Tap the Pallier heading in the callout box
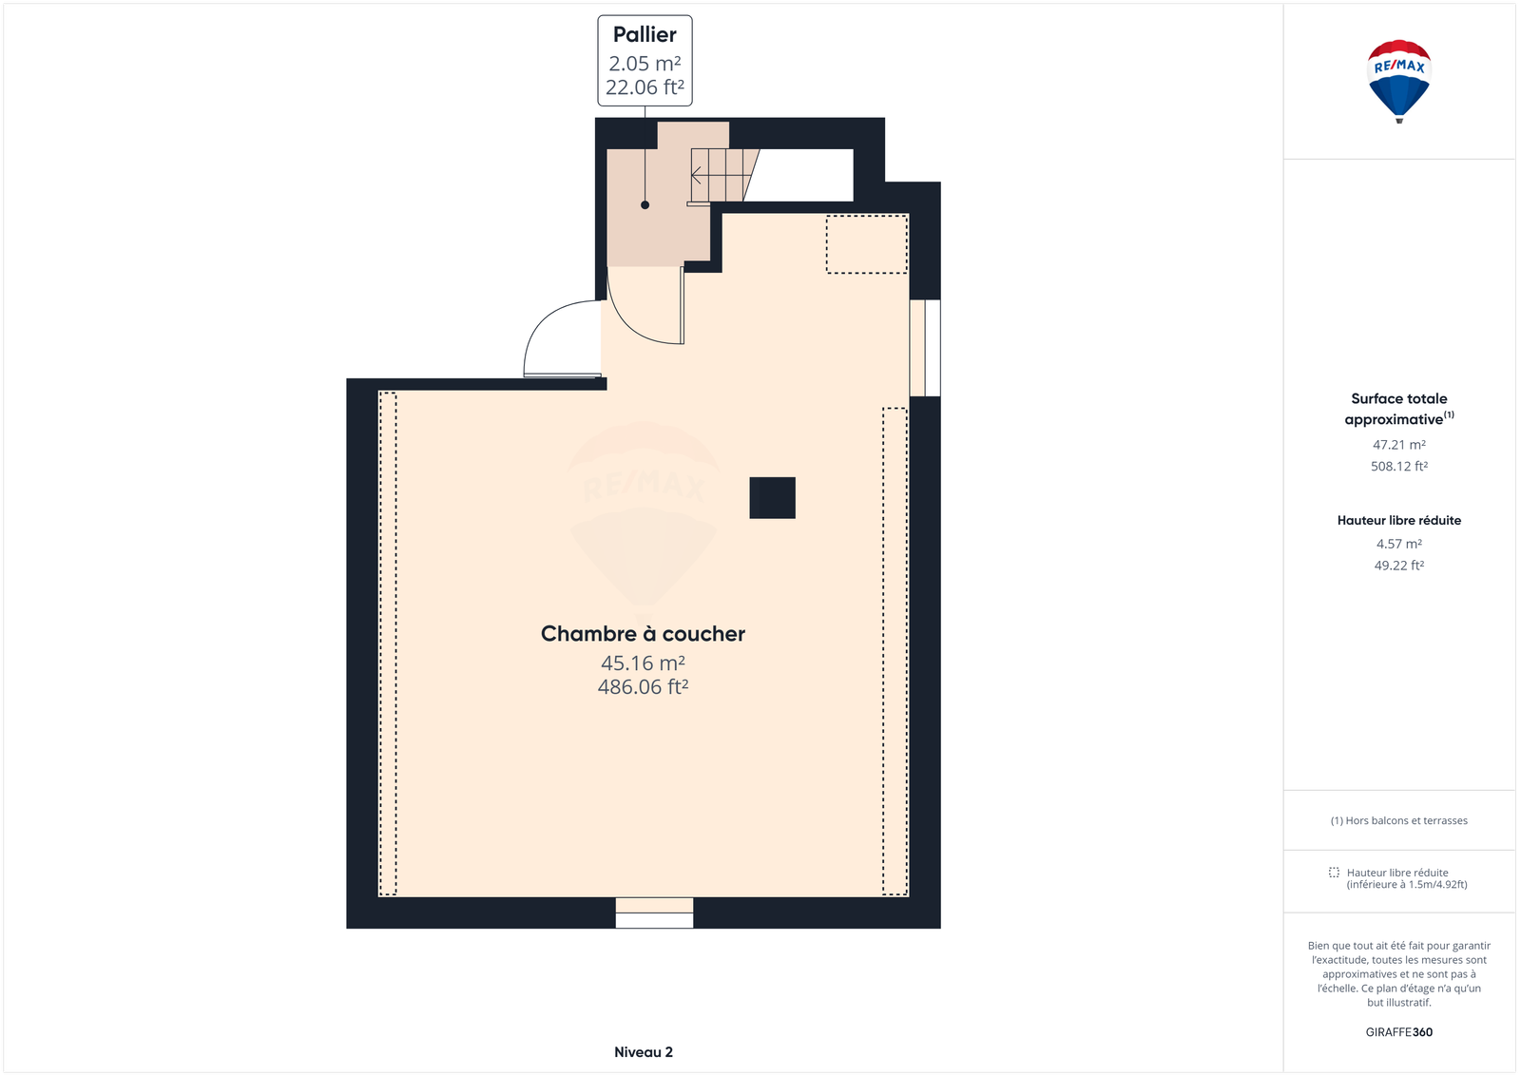point(645,34)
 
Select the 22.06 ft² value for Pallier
point(645,86)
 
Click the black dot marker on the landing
point(645,205)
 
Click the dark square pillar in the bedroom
point(772,498)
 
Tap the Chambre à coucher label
point(643,633)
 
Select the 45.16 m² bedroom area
point(643,663)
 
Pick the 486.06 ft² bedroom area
point(643,686)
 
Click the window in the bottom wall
point(655,913)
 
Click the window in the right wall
point(925,348)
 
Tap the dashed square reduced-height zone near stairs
point(867,244)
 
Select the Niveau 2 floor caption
point(643,1051)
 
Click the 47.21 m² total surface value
point(1398,445)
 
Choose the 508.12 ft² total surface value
point(1398,466)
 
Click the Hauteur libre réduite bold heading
point(1398,520)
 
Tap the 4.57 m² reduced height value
point(1398,544)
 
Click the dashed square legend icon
point(1335,873)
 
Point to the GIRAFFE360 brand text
point(1398,1032)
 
